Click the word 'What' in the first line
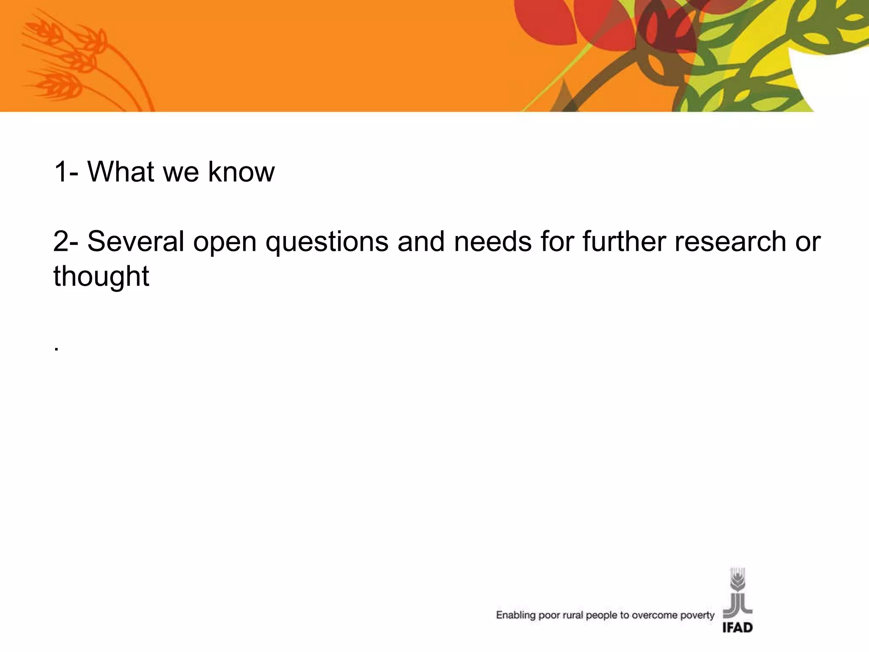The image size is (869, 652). (121, 171)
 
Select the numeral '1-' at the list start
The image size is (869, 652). (66, 171)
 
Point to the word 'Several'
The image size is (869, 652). (136, 241)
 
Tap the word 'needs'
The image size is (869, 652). (492, 241)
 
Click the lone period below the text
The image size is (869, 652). (56, 350)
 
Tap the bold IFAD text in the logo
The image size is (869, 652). (737, 627)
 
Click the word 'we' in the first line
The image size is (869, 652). (181, 172)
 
